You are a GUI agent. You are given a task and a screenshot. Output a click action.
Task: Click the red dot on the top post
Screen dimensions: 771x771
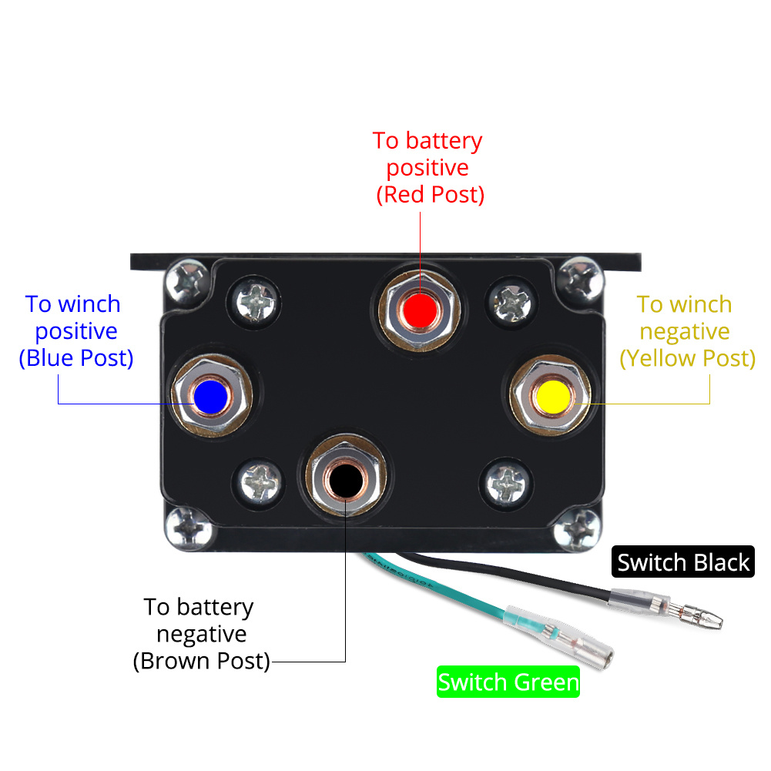(420, 308)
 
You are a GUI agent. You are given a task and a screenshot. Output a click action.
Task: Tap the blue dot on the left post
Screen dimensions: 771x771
(210, 396)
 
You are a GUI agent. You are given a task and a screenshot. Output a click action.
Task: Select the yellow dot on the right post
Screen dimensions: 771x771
(553, 395)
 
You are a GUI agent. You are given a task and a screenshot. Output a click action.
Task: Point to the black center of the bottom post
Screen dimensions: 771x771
(343, 481)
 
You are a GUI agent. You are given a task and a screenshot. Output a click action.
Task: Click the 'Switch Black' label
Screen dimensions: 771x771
(683, 562)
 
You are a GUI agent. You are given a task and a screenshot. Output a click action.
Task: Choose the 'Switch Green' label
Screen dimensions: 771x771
(508, 682)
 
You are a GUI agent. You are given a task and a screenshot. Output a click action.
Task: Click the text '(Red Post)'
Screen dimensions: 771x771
(430, 195)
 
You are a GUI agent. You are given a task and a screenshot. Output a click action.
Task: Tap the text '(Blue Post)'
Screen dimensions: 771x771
(76, 358)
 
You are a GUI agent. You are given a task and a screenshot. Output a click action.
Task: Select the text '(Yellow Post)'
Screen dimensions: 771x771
(687, 358)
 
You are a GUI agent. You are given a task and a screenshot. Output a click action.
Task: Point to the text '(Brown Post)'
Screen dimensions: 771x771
(202, 662)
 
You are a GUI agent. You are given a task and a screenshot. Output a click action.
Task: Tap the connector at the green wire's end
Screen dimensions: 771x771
(593, 655)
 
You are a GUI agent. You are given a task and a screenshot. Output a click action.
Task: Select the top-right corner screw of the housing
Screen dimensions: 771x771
(580, 279)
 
